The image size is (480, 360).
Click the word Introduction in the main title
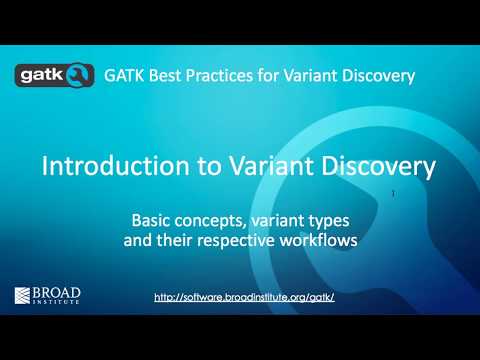[104, 166]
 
